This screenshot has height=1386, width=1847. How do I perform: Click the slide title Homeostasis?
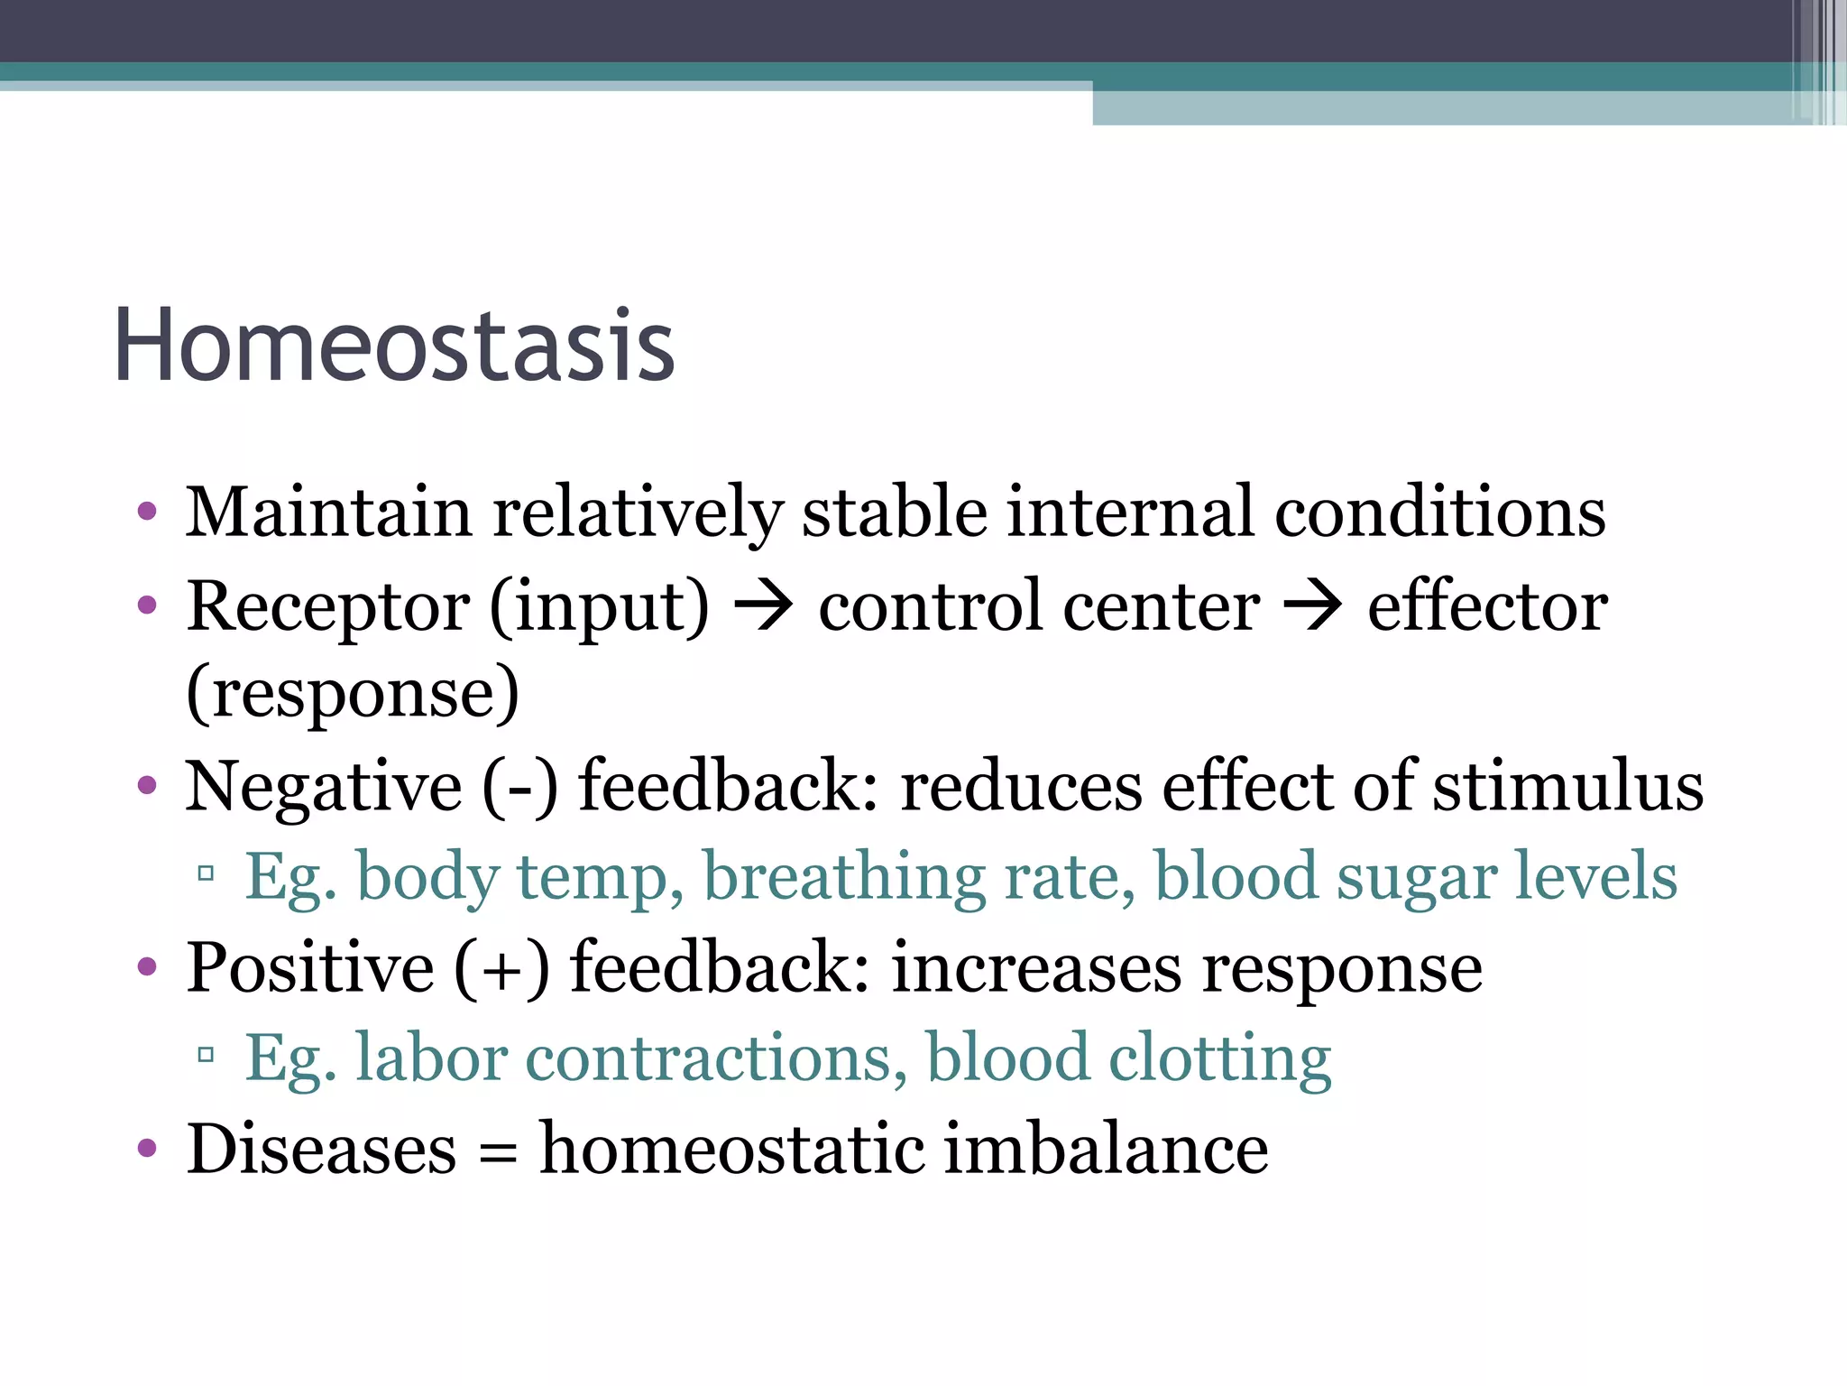pos(394,346)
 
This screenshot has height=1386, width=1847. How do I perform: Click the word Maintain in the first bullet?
pos(328,513)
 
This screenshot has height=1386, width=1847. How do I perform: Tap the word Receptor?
pos(328,606)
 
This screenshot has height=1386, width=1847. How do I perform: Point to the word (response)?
pos(353,693)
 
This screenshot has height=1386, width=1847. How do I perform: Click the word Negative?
pos(323,787)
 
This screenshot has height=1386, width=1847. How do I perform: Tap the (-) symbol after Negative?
pos(520,787)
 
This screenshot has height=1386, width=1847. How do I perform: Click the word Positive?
pos(310,968)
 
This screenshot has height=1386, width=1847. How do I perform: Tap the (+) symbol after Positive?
pos(501,968)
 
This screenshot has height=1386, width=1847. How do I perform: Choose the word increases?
pos(1036,968)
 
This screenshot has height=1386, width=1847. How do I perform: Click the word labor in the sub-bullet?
pos(430,1058)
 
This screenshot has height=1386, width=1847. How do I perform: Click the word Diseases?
pos(321,1150)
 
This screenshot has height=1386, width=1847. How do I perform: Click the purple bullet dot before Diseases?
pos(147,1150)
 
